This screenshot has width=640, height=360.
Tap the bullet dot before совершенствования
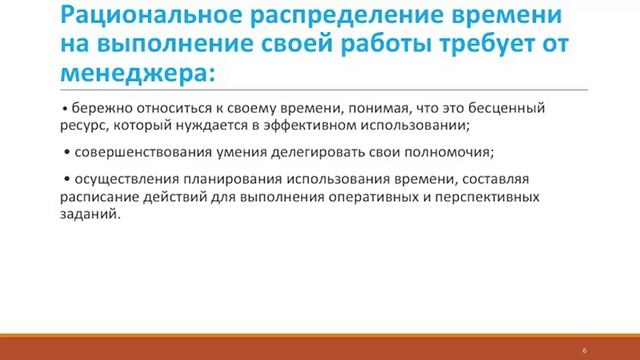click(65, 152)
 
